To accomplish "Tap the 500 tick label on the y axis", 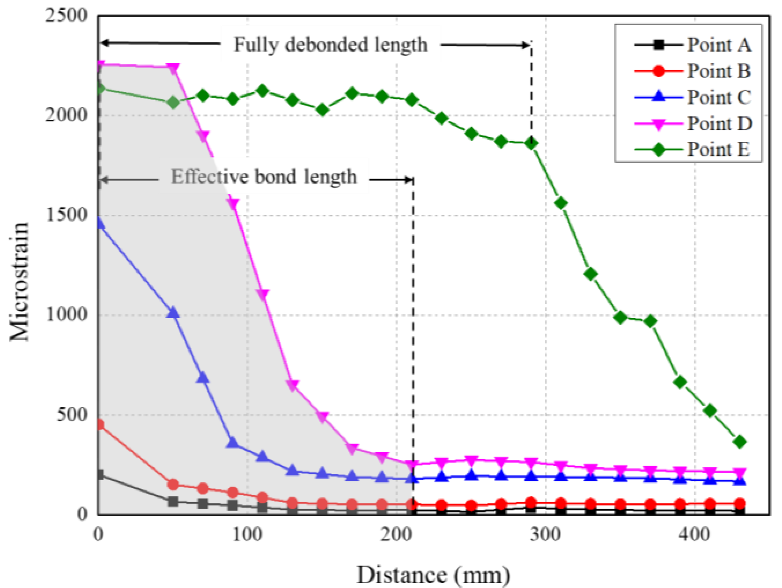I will [x=72, y=414].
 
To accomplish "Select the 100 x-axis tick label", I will [x=247, y=535].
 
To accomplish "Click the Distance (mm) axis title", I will [x=433, y=575].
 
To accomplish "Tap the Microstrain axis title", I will [x=19, y=281].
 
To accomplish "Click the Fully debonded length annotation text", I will [x=331, y=45].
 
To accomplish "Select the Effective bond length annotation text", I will [x=264, y=177].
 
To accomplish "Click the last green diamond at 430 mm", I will [x=740, y=442].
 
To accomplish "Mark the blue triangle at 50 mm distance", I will [x=173, y=313].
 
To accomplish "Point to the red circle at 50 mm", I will [x=173, y=484].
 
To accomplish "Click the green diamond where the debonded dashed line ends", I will [x=532, y=143].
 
